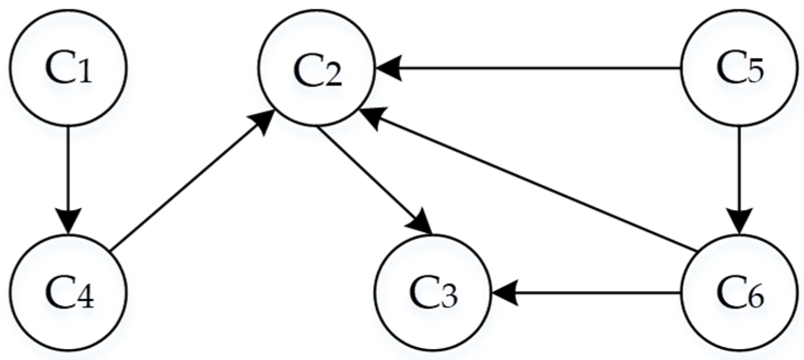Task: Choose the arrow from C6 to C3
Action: tap(585, 294)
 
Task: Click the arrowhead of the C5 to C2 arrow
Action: tap(389, 69)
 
